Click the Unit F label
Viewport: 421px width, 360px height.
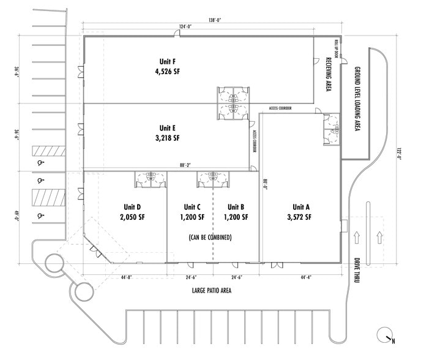tap(167, 61)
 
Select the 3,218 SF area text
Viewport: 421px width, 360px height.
tap(167, 138)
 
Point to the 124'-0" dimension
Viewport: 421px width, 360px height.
tap(186, 26)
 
